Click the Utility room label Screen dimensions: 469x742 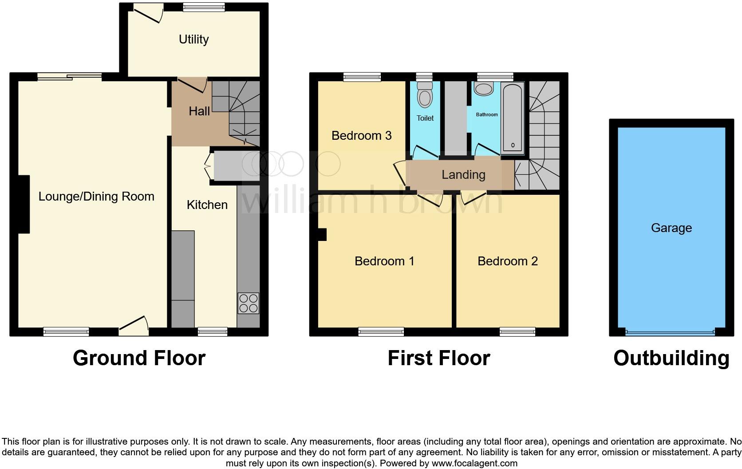pos(193,39)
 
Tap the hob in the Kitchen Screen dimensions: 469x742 pos(249,303)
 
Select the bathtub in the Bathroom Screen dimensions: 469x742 pos(513,118)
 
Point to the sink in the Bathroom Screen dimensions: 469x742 pos(483,88)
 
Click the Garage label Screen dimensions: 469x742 pos(671,228)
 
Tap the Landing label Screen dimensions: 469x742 pos(463,175)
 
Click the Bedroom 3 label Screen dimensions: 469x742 pos(361,136)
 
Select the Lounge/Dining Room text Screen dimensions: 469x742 pos(96,197)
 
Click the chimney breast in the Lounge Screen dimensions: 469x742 pos(23,204)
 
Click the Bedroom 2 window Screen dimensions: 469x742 pos(517,331)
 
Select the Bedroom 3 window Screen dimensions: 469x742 pos(362,77)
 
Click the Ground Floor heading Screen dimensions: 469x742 pos(139,358)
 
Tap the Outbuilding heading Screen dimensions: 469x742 pos(671,358)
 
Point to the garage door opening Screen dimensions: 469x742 pos(670,332)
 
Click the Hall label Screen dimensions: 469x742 pos(199,111)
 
